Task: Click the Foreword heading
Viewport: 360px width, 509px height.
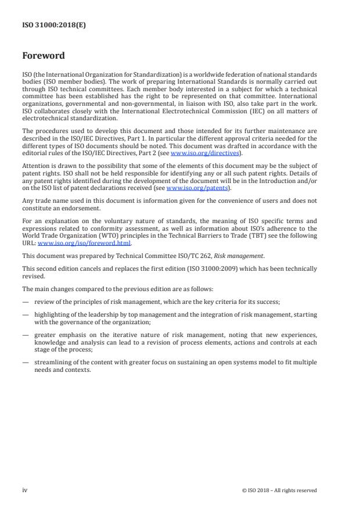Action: point(43,56)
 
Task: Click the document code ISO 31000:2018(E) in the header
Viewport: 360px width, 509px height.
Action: point(47,25)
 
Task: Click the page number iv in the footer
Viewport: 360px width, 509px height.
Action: point(25,490)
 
